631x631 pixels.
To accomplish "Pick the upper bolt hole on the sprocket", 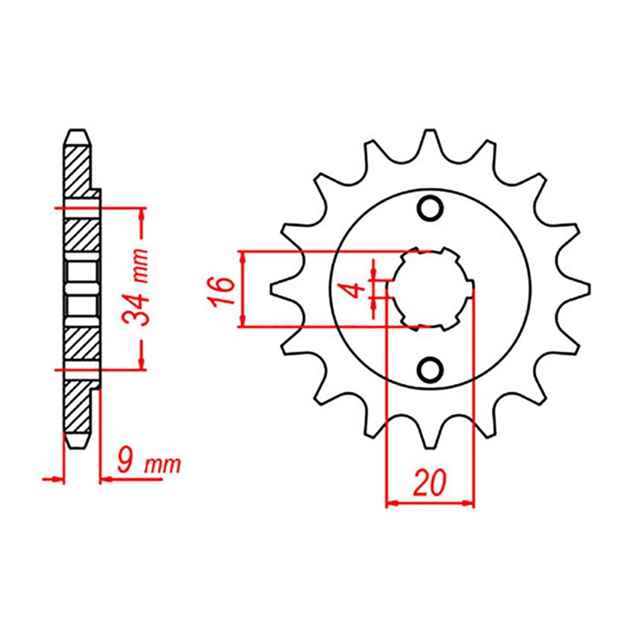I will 430,208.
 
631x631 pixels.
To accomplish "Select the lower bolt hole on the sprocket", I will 430,368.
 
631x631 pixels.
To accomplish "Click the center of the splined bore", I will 430,289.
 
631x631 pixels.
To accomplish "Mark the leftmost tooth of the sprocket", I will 278,289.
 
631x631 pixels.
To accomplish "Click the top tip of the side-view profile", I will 77,133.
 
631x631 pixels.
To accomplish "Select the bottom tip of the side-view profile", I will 77,446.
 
